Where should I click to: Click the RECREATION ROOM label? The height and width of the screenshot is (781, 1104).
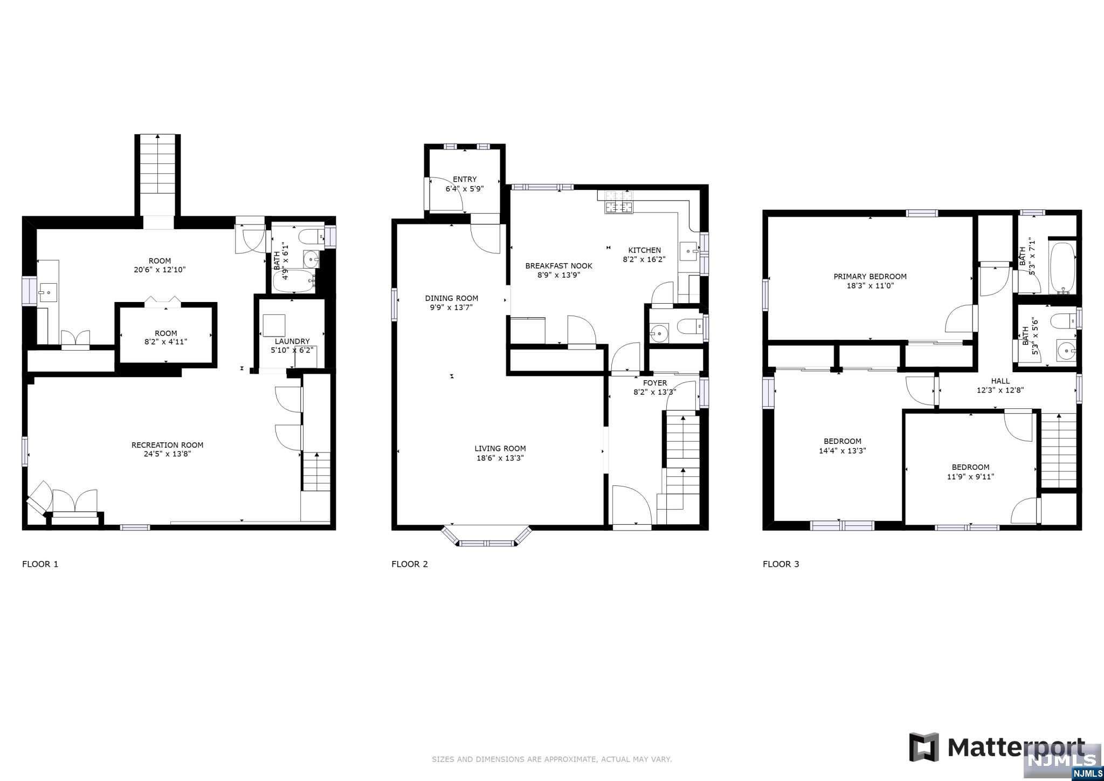(x=167, y=445)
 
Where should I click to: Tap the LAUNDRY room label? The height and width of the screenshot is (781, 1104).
(x=292, y=341)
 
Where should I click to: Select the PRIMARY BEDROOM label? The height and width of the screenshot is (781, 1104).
(x=870, y=277)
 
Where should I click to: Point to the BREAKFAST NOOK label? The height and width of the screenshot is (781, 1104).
(x=558, y=266)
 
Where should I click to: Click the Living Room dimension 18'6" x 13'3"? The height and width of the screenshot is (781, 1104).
(x=500, y=458)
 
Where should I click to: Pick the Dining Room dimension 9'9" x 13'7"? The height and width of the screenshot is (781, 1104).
(x=451, y=308)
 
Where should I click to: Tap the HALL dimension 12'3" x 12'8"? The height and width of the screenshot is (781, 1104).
(x=1000, y=391)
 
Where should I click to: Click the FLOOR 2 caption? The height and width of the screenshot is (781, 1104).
(x=410, y=564)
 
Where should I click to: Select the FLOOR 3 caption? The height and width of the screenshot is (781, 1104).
(x=781, y=564)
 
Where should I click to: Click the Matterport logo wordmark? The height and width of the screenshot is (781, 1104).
(x=1016, y=748)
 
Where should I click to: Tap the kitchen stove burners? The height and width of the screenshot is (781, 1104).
(x=619, y=207)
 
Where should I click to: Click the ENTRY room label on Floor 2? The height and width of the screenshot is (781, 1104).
(x=465, y=180)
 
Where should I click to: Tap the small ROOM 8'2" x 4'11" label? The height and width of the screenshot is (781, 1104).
(x=166, y=333)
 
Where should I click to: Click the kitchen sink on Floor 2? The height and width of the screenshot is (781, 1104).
(x=688, y=251)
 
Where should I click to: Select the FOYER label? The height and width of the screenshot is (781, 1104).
(x=655, y=383)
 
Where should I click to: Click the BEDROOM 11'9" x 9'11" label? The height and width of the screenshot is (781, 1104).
(x=970, y=467)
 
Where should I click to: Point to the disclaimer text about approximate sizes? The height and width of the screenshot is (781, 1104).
(x=551, y=759)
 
